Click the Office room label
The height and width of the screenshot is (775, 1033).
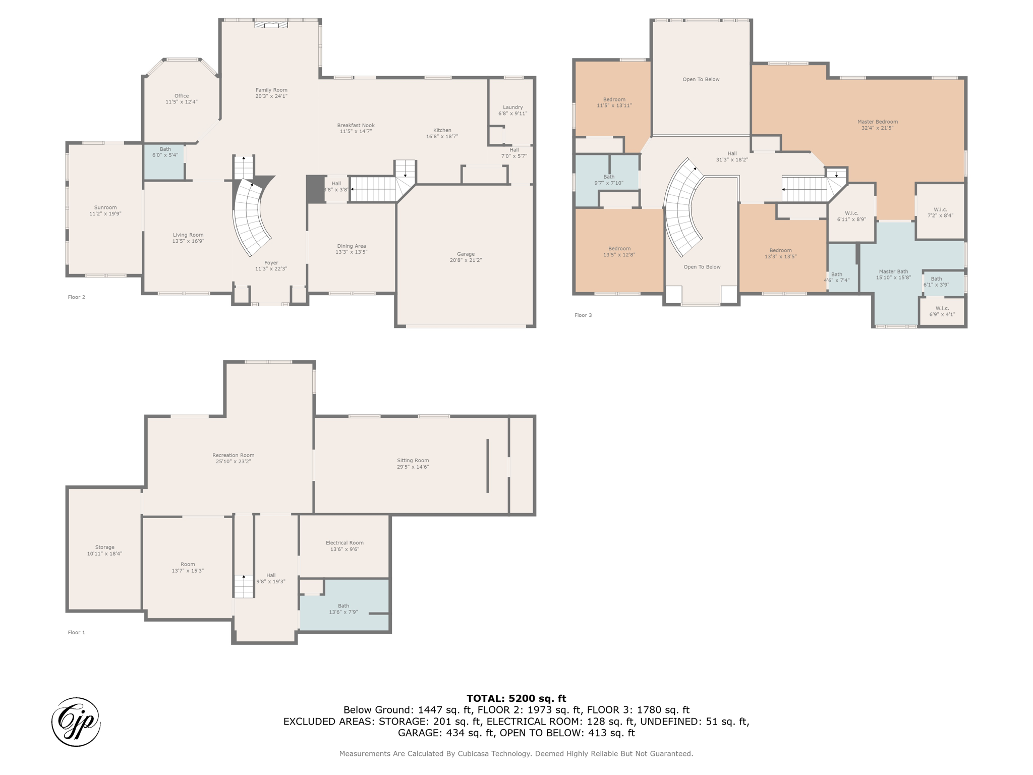click(x=182, y=96)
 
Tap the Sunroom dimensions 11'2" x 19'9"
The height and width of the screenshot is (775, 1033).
click(x=105, y=214)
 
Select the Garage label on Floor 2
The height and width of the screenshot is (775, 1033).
click(x=466, y=254)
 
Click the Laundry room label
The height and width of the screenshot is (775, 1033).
click(x=513, y=107)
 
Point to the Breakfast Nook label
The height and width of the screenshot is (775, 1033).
click(x=356, y=126)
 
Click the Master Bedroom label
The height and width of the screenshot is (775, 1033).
click(x=877, y=122)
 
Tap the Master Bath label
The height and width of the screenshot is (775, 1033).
click(x=893, y=271)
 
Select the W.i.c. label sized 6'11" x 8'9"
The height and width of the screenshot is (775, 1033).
click(x=851, y=213)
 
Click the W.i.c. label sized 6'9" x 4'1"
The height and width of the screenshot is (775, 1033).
click(x=942, y=308)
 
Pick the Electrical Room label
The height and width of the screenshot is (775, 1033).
click(x=345, y=543)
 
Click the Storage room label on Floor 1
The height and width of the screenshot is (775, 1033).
click(x=105, y=547)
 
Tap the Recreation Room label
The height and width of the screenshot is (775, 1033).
click(x=233, y=455)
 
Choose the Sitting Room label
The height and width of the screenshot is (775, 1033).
click(x=413, y=460)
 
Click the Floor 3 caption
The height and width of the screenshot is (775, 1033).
click(x=583, y=315)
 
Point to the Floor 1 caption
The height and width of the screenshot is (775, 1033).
click(x=77, y=632)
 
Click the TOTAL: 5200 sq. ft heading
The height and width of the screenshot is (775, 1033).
click(x=516, y=698)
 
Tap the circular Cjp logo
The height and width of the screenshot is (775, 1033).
click(x=76, y=722)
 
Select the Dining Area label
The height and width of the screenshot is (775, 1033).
click(x=351, y=246)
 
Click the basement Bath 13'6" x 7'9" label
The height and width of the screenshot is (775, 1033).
click(x=343, y=606)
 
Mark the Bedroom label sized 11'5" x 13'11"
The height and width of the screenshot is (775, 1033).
click(x=614, y=99)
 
